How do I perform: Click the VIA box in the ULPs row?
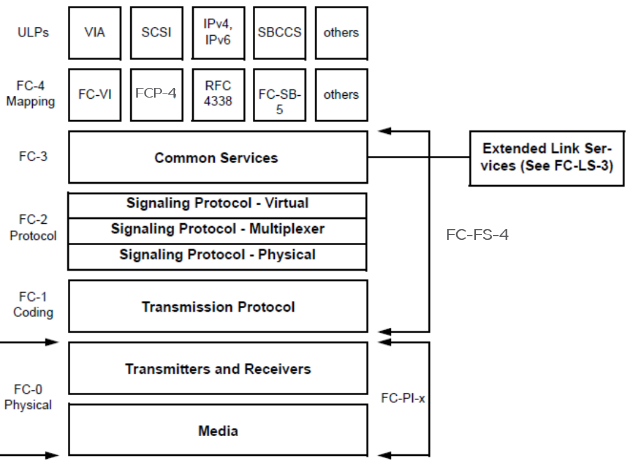[x=95, y=33]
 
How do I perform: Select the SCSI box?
[x=156, y=33]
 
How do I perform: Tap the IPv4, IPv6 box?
[x=218, y=33]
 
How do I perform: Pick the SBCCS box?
[x=280, y=33]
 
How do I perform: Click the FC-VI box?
[x=95, y=95]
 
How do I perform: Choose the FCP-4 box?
[x=156, y=95]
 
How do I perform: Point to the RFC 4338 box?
[x=218, y=95]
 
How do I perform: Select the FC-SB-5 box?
[x=280, y=95]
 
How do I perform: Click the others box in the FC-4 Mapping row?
[x=341, y=95]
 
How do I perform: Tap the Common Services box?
[x=218, y=158]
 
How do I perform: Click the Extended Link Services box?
[x=547, y=158]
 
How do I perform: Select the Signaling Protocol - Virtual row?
[x=217, y=204]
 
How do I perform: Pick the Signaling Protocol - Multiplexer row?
[x=217, y=230]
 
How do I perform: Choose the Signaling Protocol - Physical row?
[x=217, y=256]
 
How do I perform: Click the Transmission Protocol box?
[x=218, y=307]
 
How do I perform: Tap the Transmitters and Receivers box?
[x=218, y=369]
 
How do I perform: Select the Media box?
[x=218, y=431]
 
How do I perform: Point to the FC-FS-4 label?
[x=478, y=235]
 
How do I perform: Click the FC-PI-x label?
[x=403, y=398]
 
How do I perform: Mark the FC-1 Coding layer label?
[x=33, y=304]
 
